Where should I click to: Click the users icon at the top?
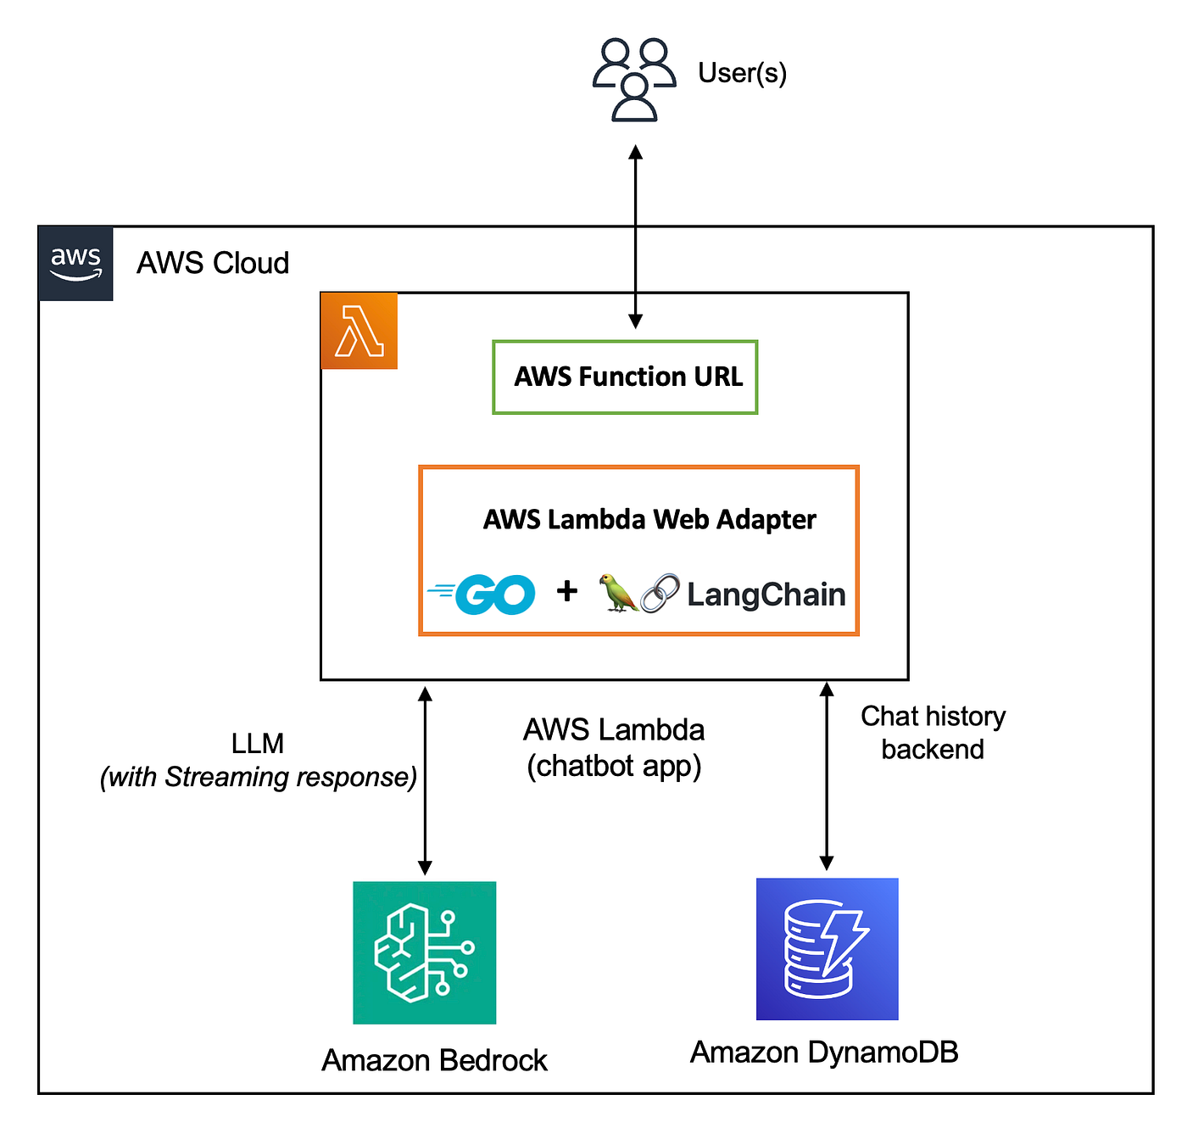(634, 79)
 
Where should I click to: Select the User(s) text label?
(742, 73)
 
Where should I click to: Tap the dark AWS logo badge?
(75, 263)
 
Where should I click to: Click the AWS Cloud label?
(213, 263)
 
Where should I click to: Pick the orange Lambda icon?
(359, 331)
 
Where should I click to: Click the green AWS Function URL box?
(626, 377)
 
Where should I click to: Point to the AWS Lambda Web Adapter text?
(649, 519)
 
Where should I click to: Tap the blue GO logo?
(483, 594)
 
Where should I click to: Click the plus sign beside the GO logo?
(566, 591)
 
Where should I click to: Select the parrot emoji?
(617, 593)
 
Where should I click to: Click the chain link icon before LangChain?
(660, 593)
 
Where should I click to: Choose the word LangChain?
(766, 595)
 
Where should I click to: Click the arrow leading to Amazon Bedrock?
(425, 780)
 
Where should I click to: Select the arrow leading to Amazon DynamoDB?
(827, 776)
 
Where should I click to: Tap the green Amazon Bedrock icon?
(424, 952)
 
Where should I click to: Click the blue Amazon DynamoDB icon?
(827, 948)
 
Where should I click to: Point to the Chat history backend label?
(933, 733)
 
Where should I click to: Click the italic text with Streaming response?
(259, 777)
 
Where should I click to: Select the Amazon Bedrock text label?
(434, 1060)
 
